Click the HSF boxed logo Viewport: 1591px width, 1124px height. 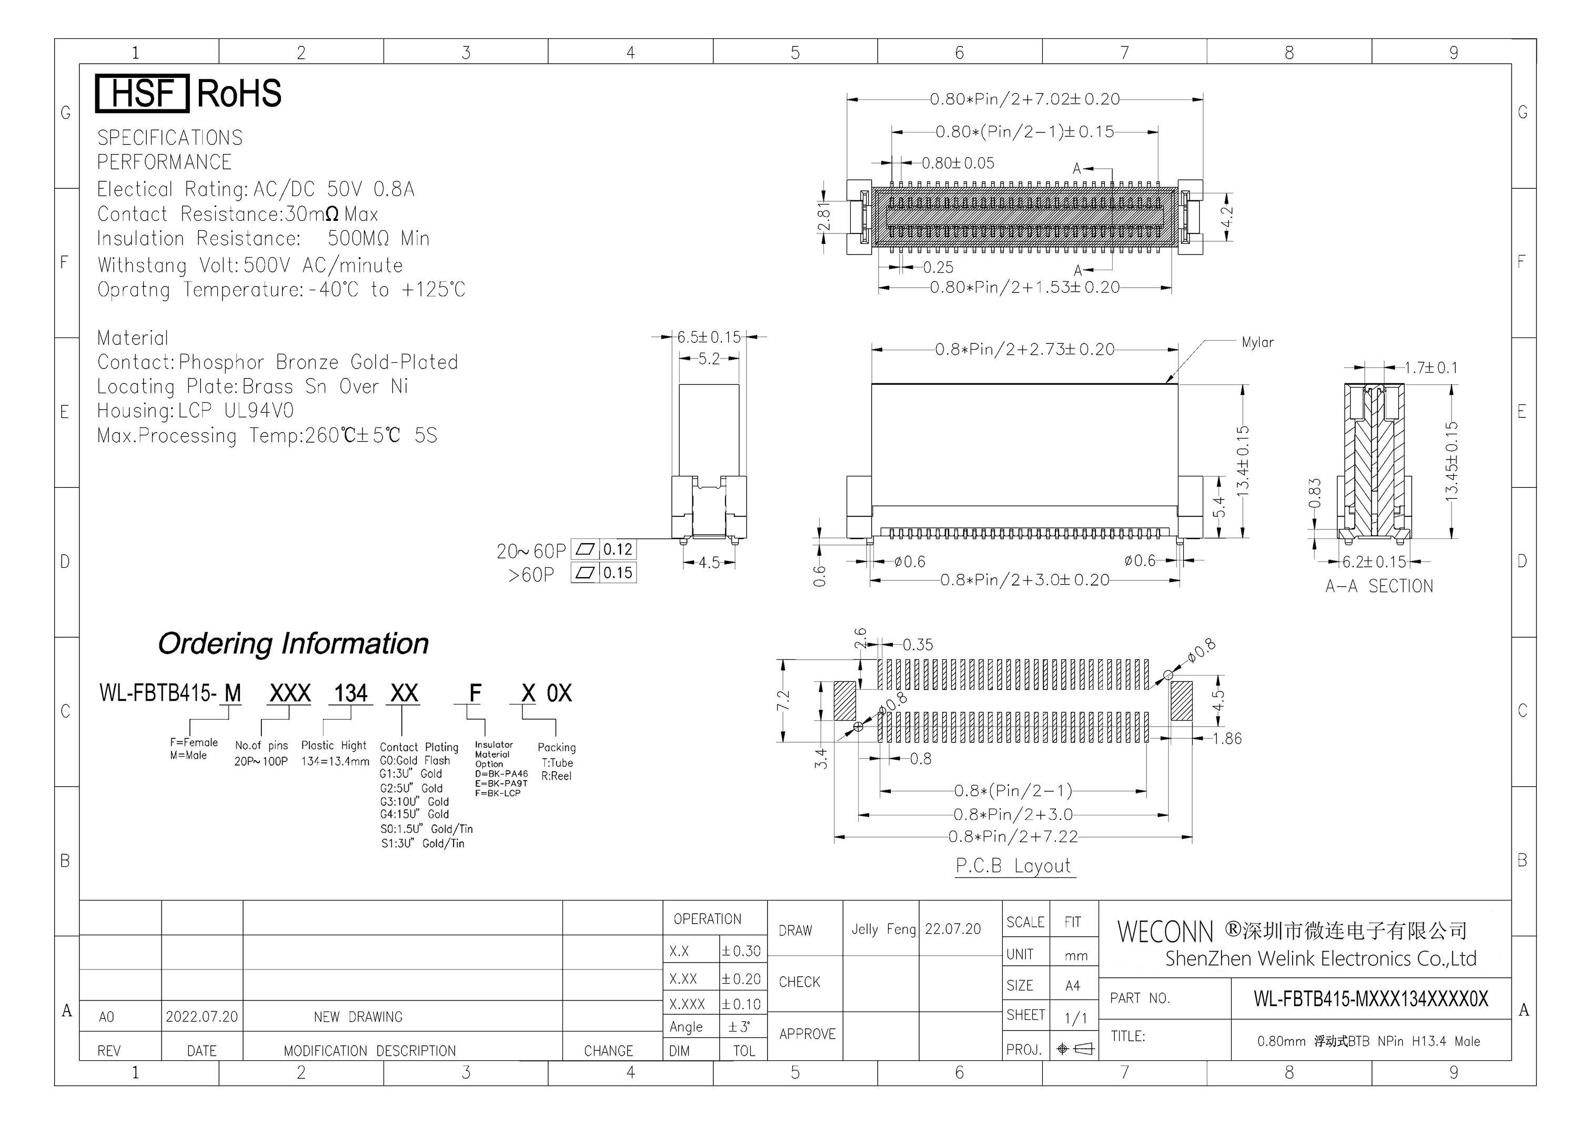tap(142, 94)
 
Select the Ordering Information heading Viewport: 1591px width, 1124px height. tap(293, 643)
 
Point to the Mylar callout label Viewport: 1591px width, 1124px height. tap(1257, 342)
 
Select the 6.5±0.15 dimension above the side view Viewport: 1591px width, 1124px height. tap(709, 338)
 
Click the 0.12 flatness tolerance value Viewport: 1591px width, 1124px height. tap(618, 550)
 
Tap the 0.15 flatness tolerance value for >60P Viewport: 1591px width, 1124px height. tap(618, 573)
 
